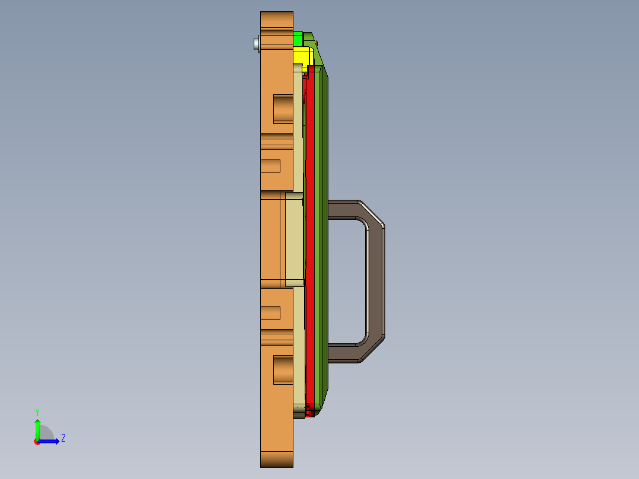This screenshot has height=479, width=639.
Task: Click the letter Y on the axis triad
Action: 37,412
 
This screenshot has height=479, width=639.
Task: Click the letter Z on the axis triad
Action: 63,438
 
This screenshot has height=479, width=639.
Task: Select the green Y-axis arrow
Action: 37,427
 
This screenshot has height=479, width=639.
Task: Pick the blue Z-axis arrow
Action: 50,441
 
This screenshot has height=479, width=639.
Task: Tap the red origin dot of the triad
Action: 37,442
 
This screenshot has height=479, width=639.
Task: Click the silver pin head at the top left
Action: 256,43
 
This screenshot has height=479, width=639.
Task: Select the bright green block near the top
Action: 298,40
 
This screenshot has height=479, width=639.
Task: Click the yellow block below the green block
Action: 303,58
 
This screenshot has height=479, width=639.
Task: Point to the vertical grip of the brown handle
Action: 375,282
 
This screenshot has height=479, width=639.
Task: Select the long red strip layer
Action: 309,237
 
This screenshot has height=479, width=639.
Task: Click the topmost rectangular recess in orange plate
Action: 283,108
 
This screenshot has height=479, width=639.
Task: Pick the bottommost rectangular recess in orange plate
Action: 283,369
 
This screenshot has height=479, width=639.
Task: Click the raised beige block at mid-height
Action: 294,239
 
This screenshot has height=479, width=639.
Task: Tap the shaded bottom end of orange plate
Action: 276,459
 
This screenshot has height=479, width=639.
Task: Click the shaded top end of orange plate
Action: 276,19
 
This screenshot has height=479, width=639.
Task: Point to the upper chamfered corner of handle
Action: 372,213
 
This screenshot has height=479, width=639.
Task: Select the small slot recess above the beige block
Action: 270,166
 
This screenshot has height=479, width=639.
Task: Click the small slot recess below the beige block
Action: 270,312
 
